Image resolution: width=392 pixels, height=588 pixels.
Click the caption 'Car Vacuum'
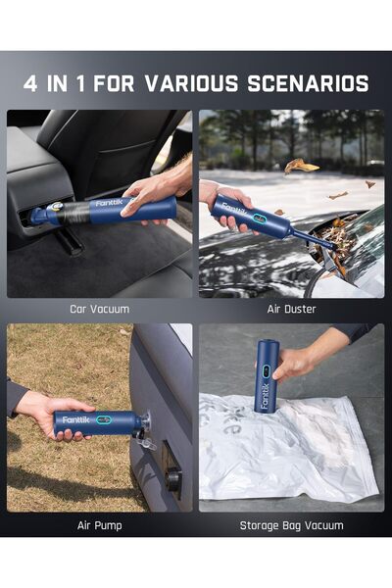[99, 309]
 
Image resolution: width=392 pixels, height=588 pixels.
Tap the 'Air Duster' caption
[291, 309]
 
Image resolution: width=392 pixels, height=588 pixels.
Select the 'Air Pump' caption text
[99, 525]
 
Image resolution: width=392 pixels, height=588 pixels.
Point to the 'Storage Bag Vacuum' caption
[291, 525]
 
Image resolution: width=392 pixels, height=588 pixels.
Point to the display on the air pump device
[105, 420]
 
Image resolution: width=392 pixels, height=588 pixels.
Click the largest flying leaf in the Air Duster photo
[302, 166]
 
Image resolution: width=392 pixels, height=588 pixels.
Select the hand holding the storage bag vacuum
[297, 361]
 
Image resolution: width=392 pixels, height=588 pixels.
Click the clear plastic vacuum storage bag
[294, 451]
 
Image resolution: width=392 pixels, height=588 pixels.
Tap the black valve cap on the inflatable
[174, 479]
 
